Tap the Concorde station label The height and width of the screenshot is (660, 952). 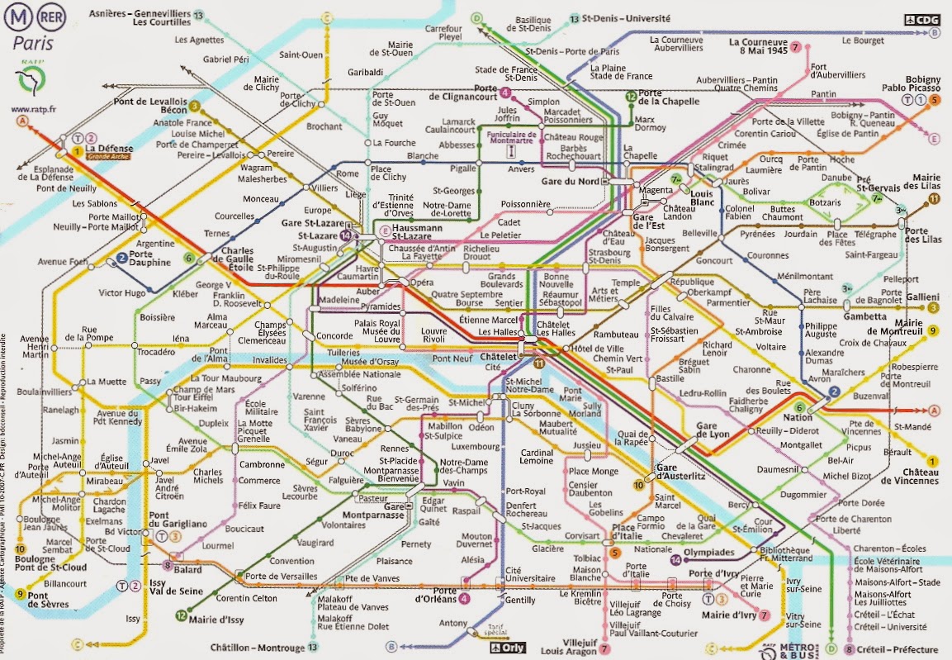tap(334, 336)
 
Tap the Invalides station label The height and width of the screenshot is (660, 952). tap(269, 360)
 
